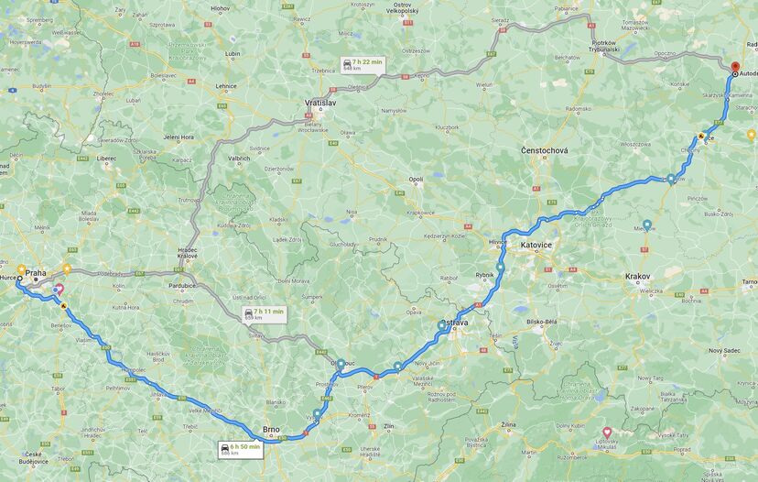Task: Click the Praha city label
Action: (x=36, y=273)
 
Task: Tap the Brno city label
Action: (x=271, y=429)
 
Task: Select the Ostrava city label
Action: (x=454, y=323)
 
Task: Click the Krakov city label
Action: (x=637, y=276)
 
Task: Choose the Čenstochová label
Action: (x=544, y=150)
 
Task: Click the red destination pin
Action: (x=733, y=66)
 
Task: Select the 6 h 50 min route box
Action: (x=241, y=449)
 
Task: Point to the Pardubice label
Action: (x=180, y=285)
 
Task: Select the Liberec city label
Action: (x=106, y=158)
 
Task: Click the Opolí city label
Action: (x=417, y=180)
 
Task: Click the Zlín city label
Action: (x=388, y=426)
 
